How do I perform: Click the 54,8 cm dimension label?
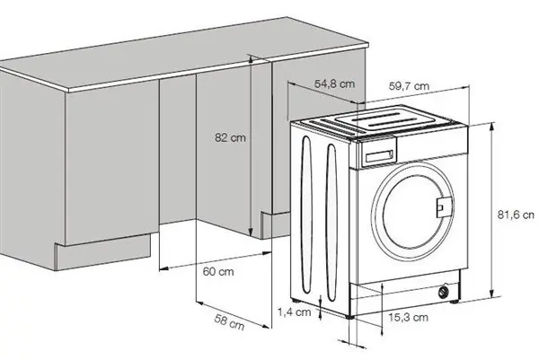[x=334, y=83]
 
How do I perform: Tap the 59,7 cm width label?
[x=409, y=86]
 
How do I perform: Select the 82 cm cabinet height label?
[x=230, y=137]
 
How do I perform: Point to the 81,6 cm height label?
[x=516, y=215]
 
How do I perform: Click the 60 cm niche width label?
[x=218, y=272]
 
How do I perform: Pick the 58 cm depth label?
[x=229, y=321]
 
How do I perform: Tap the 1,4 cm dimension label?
[x=295, y=312]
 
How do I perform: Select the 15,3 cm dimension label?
[x=409, y=317]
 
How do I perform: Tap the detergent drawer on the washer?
[x=379, y=154]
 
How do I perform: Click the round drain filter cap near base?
[x=444, y=292]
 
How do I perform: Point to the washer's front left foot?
[x=350, y=317]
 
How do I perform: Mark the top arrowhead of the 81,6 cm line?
[x=492, y=127]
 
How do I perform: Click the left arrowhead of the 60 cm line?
[x=163, y=268]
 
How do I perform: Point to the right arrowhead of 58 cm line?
[x=266, y=326]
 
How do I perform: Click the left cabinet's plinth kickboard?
[x=103, y=252]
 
